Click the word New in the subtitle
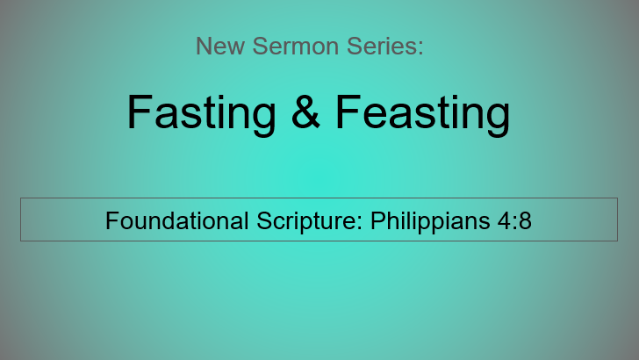coord(220,46)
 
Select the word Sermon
coord(296,46)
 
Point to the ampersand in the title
coord(305,112)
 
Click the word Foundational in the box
coord(177,220)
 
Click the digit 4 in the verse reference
coord(504,220)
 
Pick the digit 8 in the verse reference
coord(525,220)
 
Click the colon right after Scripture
coord(360,224)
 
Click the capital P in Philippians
coord(378,220)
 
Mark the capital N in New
coord(204,46)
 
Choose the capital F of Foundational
coord(113,220)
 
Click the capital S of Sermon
coord(261,46)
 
